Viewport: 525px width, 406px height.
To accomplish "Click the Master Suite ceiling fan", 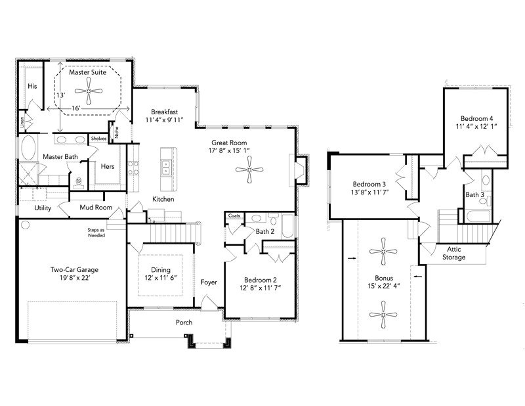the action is point(89,91).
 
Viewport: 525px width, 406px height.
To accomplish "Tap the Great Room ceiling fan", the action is point(249,170).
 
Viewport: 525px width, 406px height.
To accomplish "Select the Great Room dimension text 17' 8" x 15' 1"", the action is point(229,150).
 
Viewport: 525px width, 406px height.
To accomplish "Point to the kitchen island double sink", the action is point(166,168).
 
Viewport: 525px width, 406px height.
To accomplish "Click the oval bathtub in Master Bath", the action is point(28,148).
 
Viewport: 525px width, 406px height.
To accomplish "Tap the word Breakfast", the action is point(165,112).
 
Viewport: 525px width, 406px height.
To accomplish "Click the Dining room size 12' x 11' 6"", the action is point(161,278).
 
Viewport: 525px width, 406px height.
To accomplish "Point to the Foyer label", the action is point(209,282).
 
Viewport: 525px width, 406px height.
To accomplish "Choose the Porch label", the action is point(184,323).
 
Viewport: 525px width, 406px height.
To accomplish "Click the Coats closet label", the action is point(234,215).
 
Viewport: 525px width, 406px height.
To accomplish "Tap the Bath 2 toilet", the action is point(273,219).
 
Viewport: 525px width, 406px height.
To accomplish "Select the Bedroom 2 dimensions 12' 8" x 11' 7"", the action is point(260,288).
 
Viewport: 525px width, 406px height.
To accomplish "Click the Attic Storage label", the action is point(453,253).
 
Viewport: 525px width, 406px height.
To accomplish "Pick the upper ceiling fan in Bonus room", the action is point(383,251).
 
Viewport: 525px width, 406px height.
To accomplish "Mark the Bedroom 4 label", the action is point(477,118).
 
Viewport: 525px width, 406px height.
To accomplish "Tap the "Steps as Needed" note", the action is point(96,233).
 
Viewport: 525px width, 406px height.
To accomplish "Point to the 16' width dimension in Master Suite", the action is point(75,108).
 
